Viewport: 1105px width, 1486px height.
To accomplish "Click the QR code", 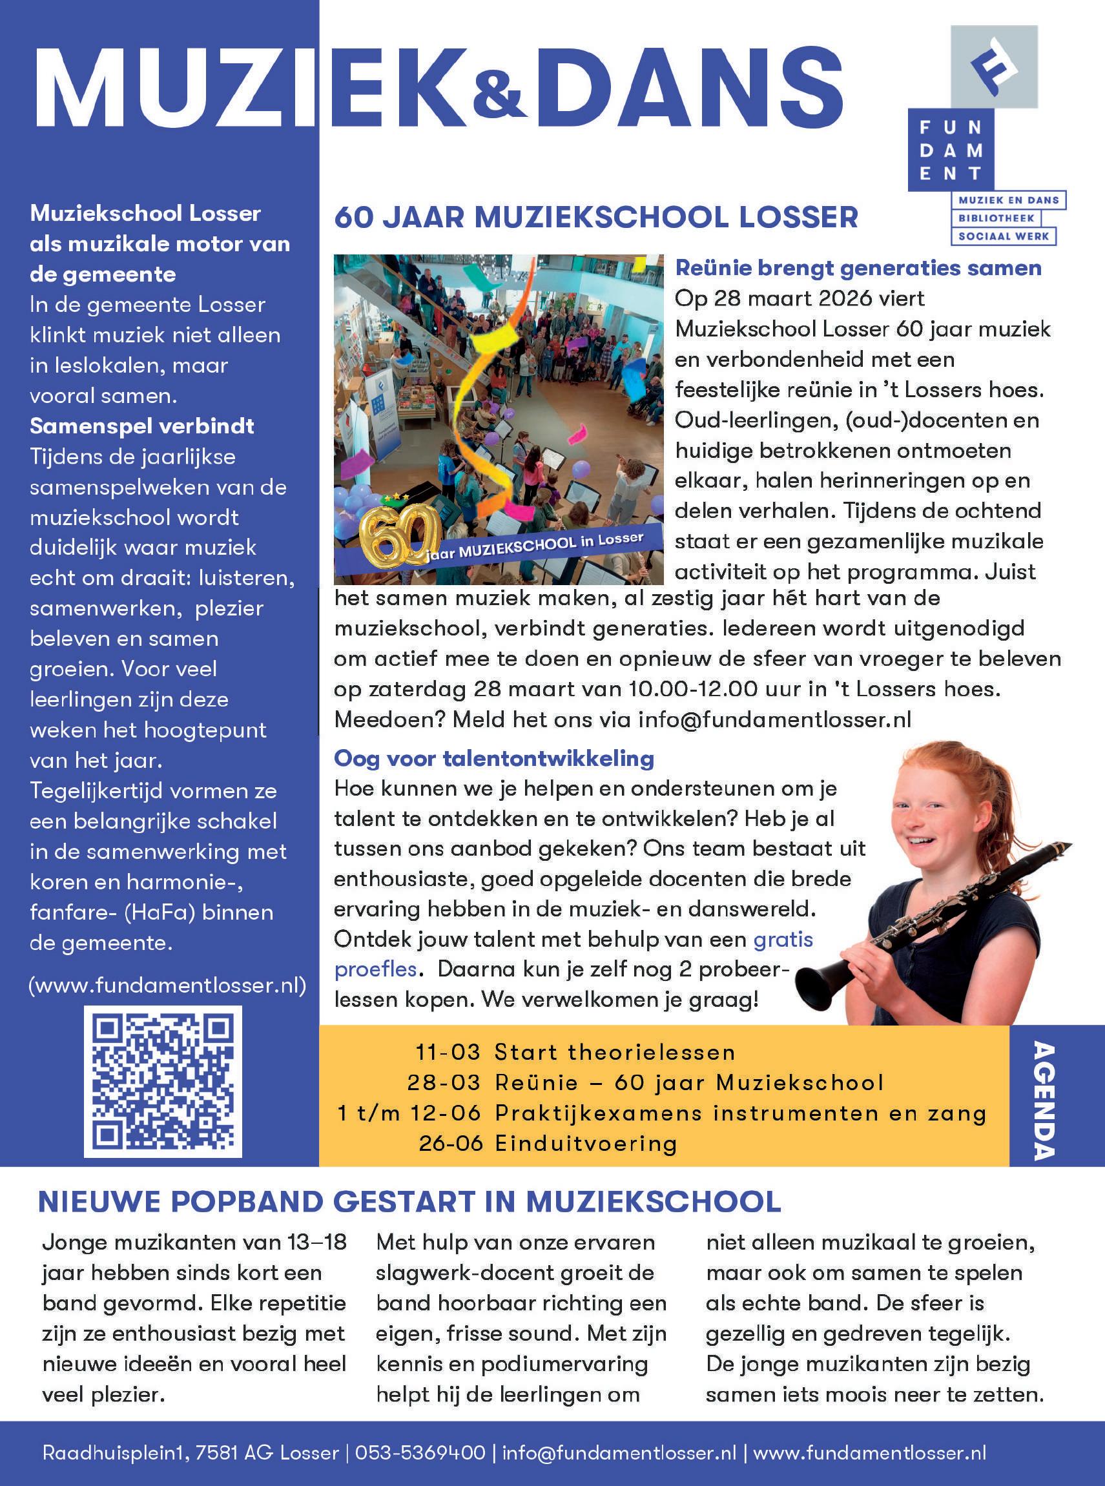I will [x=163, y=1081].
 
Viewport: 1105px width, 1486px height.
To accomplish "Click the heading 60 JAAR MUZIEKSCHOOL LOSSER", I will [x=596, y=218].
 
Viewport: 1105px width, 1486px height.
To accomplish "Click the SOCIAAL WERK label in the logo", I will [x=1004, y=236].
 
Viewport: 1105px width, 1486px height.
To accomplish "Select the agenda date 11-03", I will [x=448, y=1052].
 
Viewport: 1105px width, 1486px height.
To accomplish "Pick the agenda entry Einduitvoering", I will [x=586, y=1144].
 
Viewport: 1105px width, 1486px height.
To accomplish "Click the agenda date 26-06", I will [x=450, y=1144].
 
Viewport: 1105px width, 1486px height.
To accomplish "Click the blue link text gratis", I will [x=783, y=940].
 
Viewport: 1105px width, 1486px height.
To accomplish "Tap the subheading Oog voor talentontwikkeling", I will [x=493, y=758].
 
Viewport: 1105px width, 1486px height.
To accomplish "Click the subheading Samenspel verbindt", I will [x=142, y=426].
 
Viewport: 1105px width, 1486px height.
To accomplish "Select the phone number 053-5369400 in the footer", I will [x=420, y=1452].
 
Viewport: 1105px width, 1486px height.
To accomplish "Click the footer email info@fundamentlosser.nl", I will [x=619, y=1452].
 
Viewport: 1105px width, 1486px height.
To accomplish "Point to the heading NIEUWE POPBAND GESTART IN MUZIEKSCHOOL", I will [x=409, y=1202].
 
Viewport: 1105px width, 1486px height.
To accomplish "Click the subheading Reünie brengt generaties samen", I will [x=858, y=267].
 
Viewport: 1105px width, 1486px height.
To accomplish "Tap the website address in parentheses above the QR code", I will [x=167, y=985].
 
